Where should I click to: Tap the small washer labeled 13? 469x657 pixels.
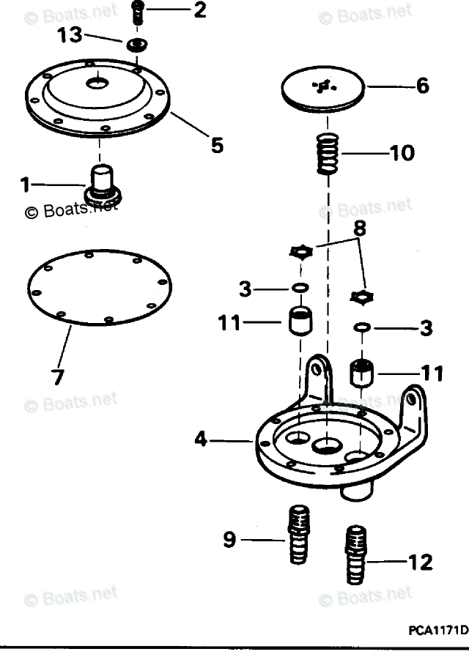pyautogui.click(x=134, y=46)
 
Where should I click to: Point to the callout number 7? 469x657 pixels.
pyautogui.click(x=57, y=377)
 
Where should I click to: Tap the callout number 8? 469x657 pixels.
pyautogui.click(x=358, y=228)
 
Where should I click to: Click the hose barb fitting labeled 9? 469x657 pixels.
pyautogui.click(x=298, y=534)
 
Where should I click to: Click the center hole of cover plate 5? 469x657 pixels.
pyautogui.click(x=97, y=84)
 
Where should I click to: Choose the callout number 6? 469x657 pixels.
pyautogui.click(x=422, y=86)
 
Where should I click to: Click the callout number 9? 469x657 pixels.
pyautogui.click(x=229, y=541)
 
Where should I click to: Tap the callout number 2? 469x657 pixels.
pyautogui.click(x=199, y=10)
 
